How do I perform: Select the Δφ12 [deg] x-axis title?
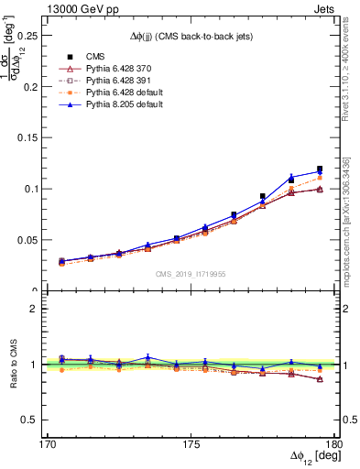click(311, 456)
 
